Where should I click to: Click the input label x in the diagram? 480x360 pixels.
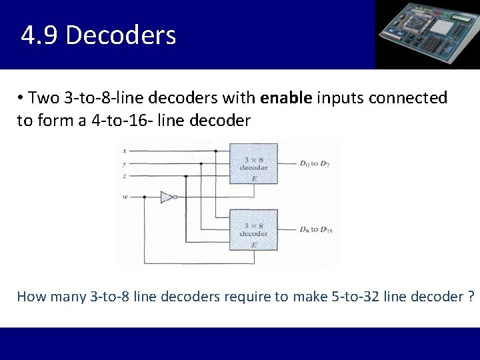click(125, 151)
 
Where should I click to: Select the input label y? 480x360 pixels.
click(125, 163)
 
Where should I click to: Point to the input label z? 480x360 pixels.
click(125, 176)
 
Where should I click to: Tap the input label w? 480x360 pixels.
click(125, 197)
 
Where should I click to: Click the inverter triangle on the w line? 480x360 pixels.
click(167, 197)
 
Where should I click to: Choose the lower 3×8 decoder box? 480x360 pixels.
click(253, 229)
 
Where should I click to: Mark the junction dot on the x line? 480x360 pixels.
click(216, 151)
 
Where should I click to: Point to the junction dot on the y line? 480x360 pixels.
click(201, 163)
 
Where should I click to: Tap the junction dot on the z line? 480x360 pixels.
click(185, 176)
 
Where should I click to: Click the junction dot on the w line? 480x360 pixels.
click(145, 197)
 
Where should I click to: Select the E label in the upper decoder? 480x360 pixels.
click(253, 179)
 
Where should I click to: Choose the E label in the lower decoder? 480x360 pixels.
click(253, 245)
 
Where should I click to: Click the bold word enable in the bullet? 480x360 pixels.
click(287, 99)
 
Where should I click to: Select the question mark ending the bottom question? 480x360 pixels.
click(471, 295)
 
